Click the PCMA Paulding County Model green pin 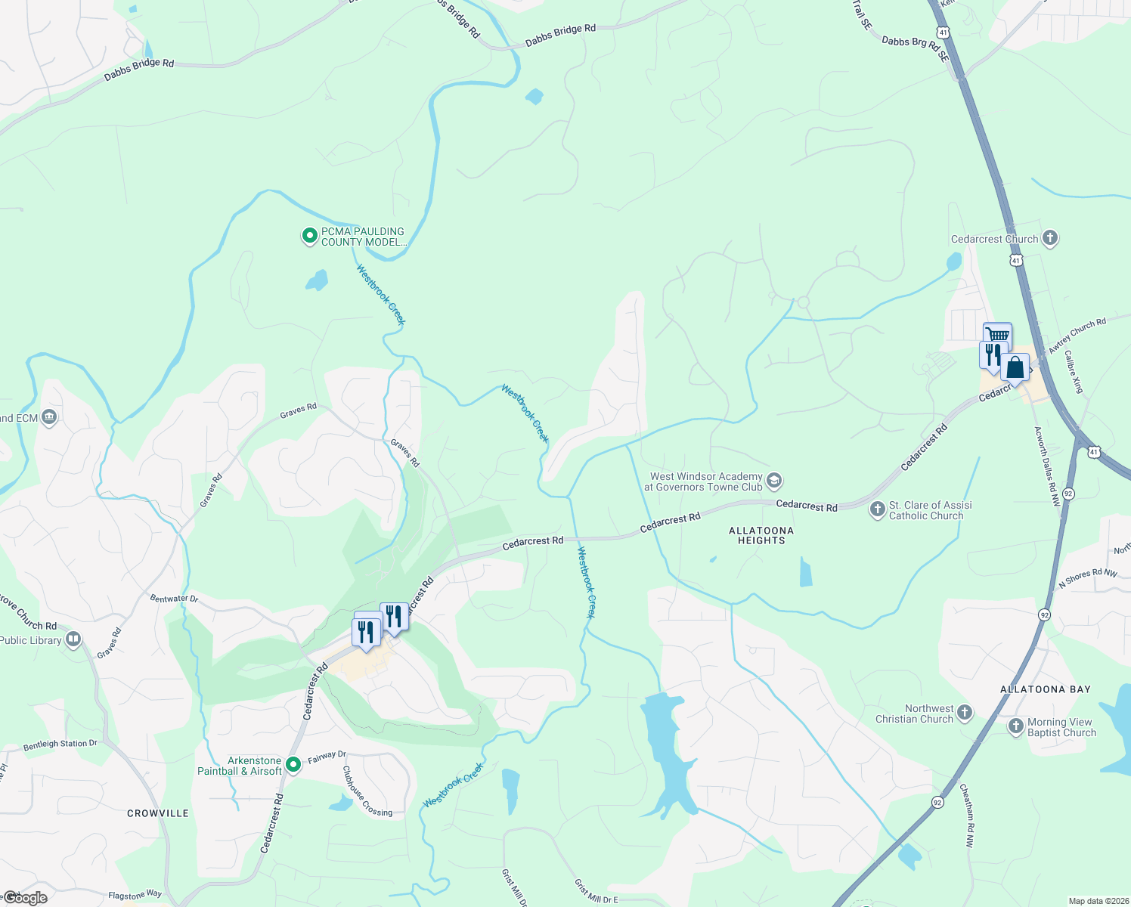pos(309,237)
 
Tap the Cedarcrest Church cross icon pos(1049,239)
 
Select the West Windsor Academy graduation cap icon pos(773,481)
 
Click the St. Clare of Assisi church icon pos(877,510)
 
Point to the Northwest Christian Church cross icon pos(964,713)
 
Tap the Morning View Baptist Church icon pos(1016,726)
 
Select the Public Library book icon pos(73,639)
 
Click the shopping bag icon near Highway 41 pos(1015,368)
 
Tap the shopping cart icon pos(997,335)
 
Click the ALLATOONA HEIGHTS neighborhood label pos(761,536)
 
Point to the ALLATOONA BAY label pos(1046,689)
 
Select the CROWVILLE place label pos(158,813)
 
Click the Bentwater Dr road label pos(174,599)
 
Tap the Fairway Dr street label pos(327,756)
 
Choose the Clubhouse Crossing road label pos(367,792)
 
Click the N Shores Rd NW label pos(1087,578)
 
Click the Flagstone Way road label pos(135,895)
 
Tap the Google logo pos(26,898)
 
